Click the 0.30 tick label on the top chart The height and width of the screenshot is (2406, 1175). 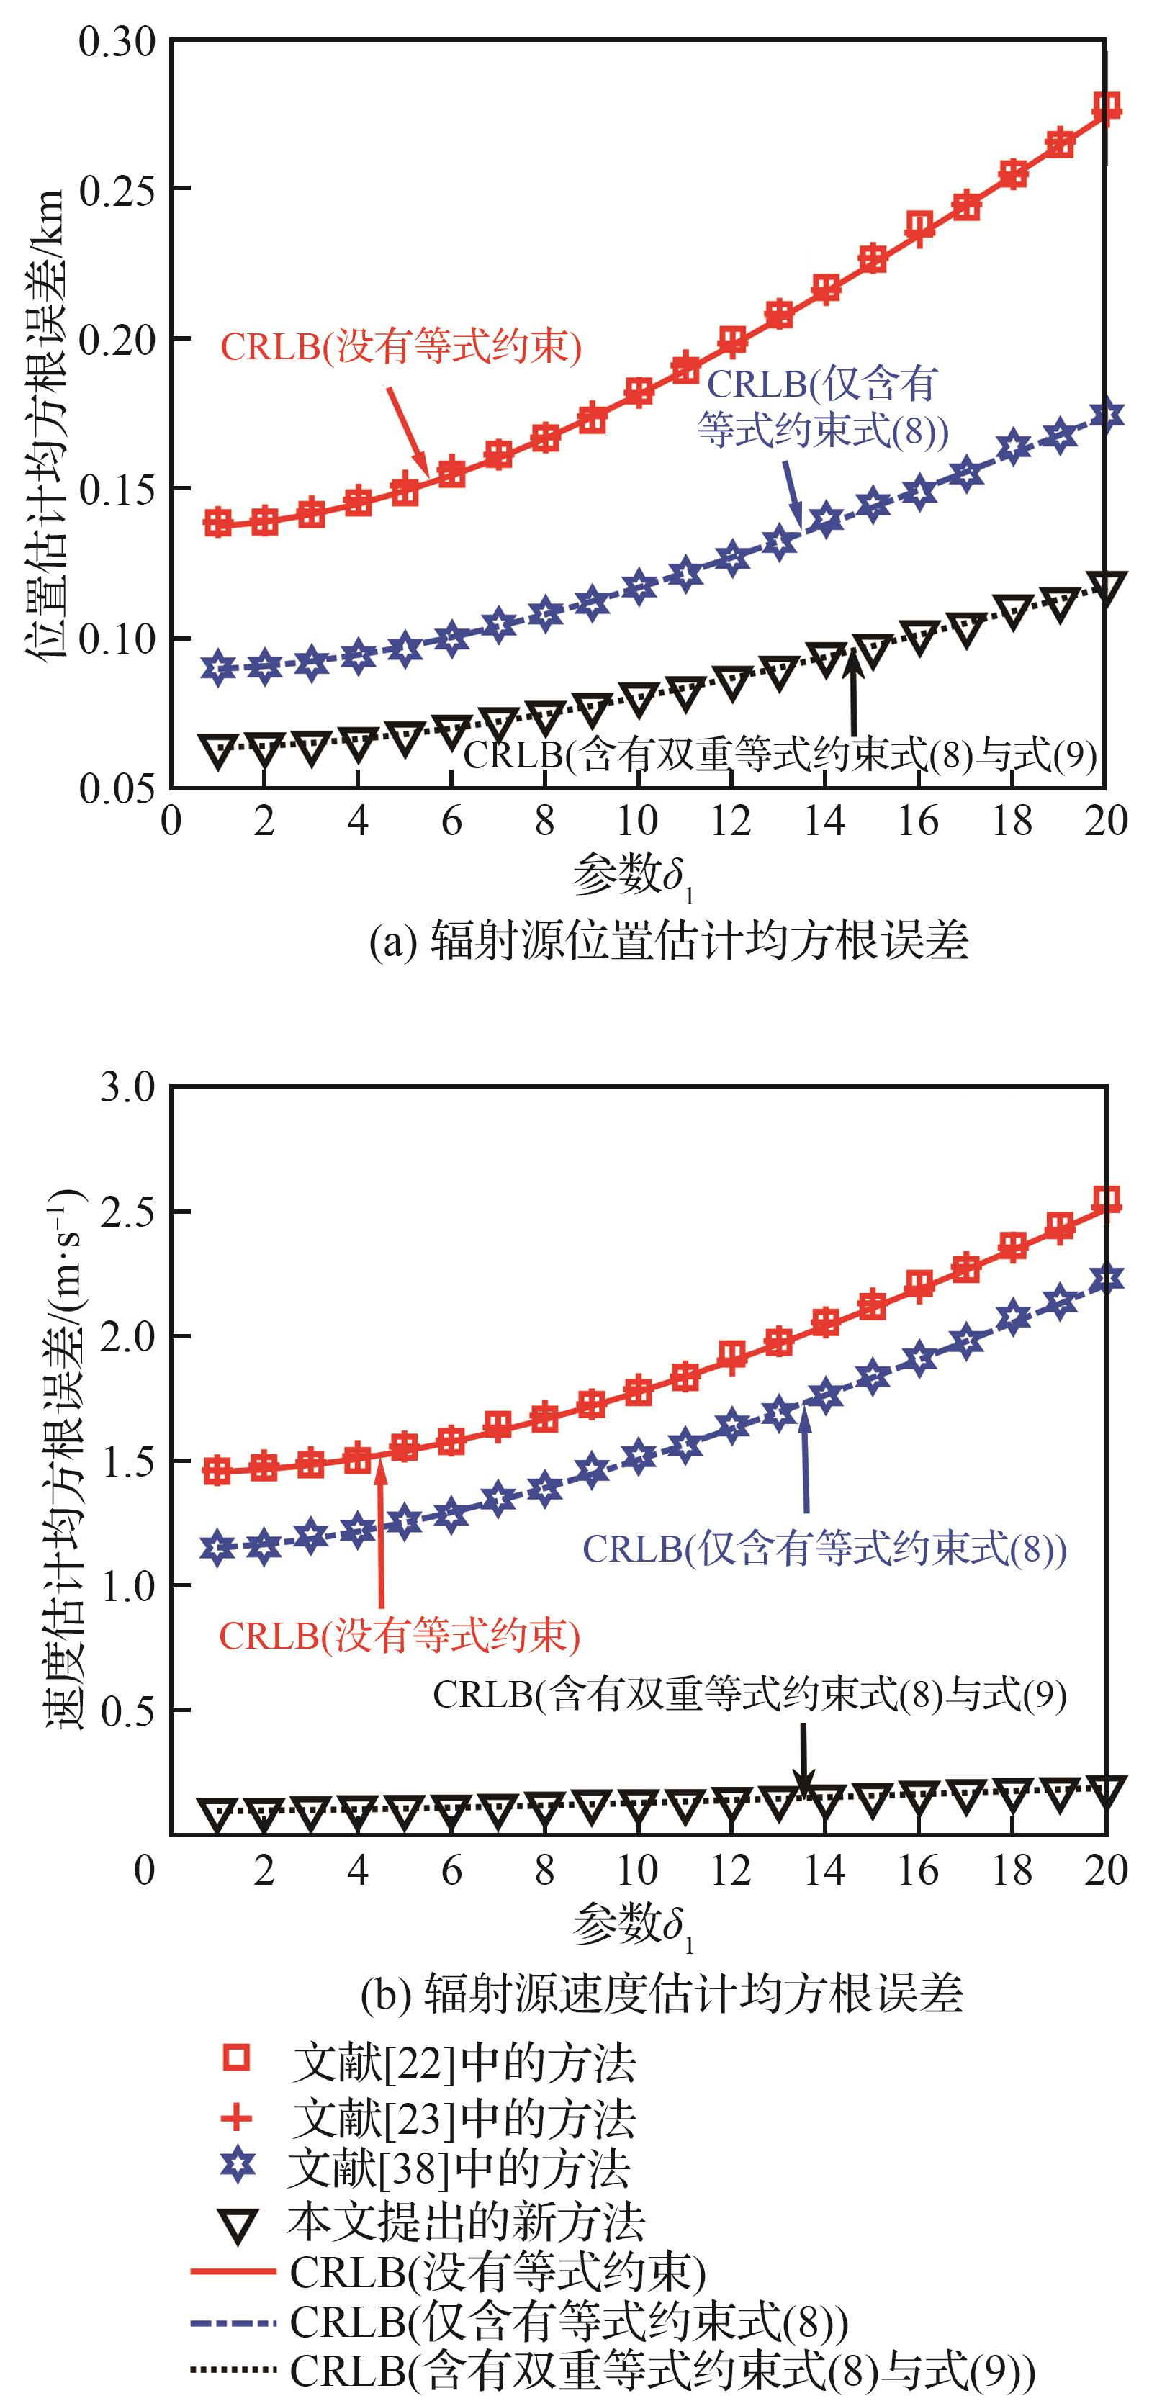tap(117, 42)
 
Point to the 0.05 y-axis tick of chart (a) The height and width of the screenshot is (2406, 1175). tap(117, 789)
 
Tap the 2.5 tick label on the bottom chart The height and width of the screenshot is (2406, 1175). tap(128, 1212)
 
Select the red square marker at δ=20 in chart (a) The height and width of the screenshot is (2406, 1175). tap(1107, 106)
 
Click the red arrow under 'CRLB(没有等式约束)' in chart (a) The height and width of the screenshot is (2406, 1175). tap(408, 431)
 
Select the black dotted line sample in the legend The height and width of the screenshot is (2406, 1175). tap(233, 2369)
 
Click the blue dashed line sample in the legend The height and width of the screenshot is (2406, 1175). tap(233, 2321)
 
